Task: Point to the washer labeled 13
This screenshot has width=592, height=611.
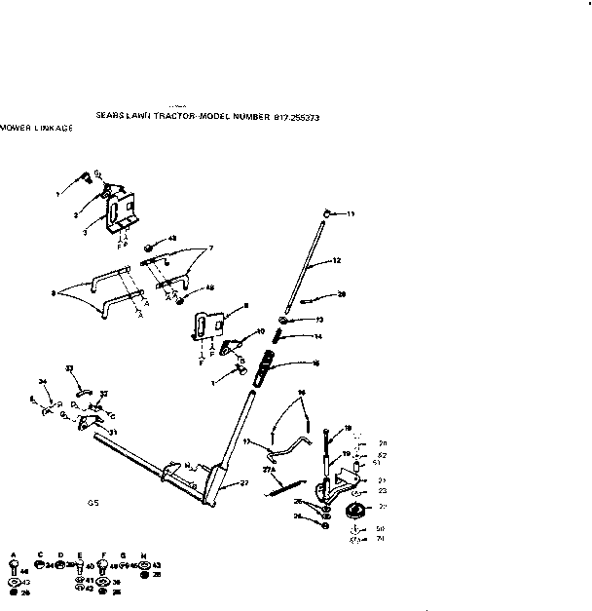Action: (283, 321)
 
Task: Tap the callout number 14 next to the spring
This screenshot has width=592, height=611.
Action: (317, 336)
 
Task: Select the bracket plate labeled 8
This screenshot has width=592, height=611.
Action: (207, 324)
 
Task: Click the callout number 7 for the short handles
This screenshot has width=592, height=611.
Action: (210, 248)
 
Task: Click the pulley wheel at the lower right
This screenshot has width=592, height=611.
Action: (355, 514)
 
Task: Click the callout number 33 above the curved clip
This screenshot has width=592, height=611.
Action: (69, 367)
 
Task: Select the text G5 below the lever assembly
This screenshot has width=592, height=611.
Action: (91, 503)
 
